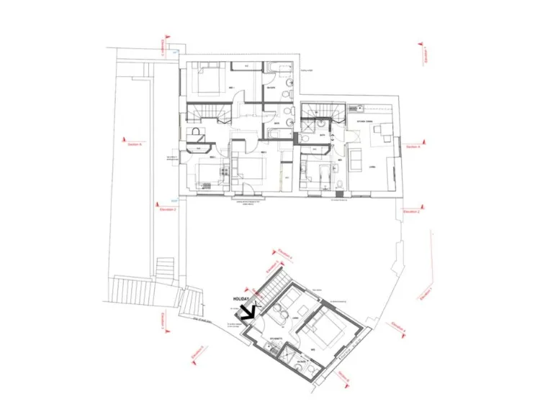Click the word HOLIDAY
click(x=241, y=298)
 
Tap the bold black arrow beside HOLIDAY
click(x=248, y=311)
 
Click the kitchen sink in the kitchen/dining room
click(x=354, y=109)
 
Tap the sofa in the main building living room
click(x=356, y=162)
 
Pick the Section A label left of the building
click(x=135, y=144)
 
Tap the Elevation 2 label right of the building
click(x=411, y=212)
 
